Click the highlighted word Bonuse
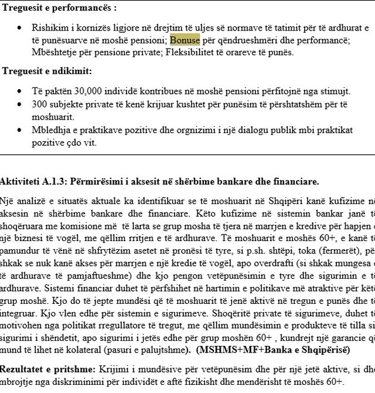pos(185,40)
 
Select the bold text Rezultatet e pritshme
pos(45,370)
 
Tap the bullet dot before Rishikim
pos(21,29)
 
